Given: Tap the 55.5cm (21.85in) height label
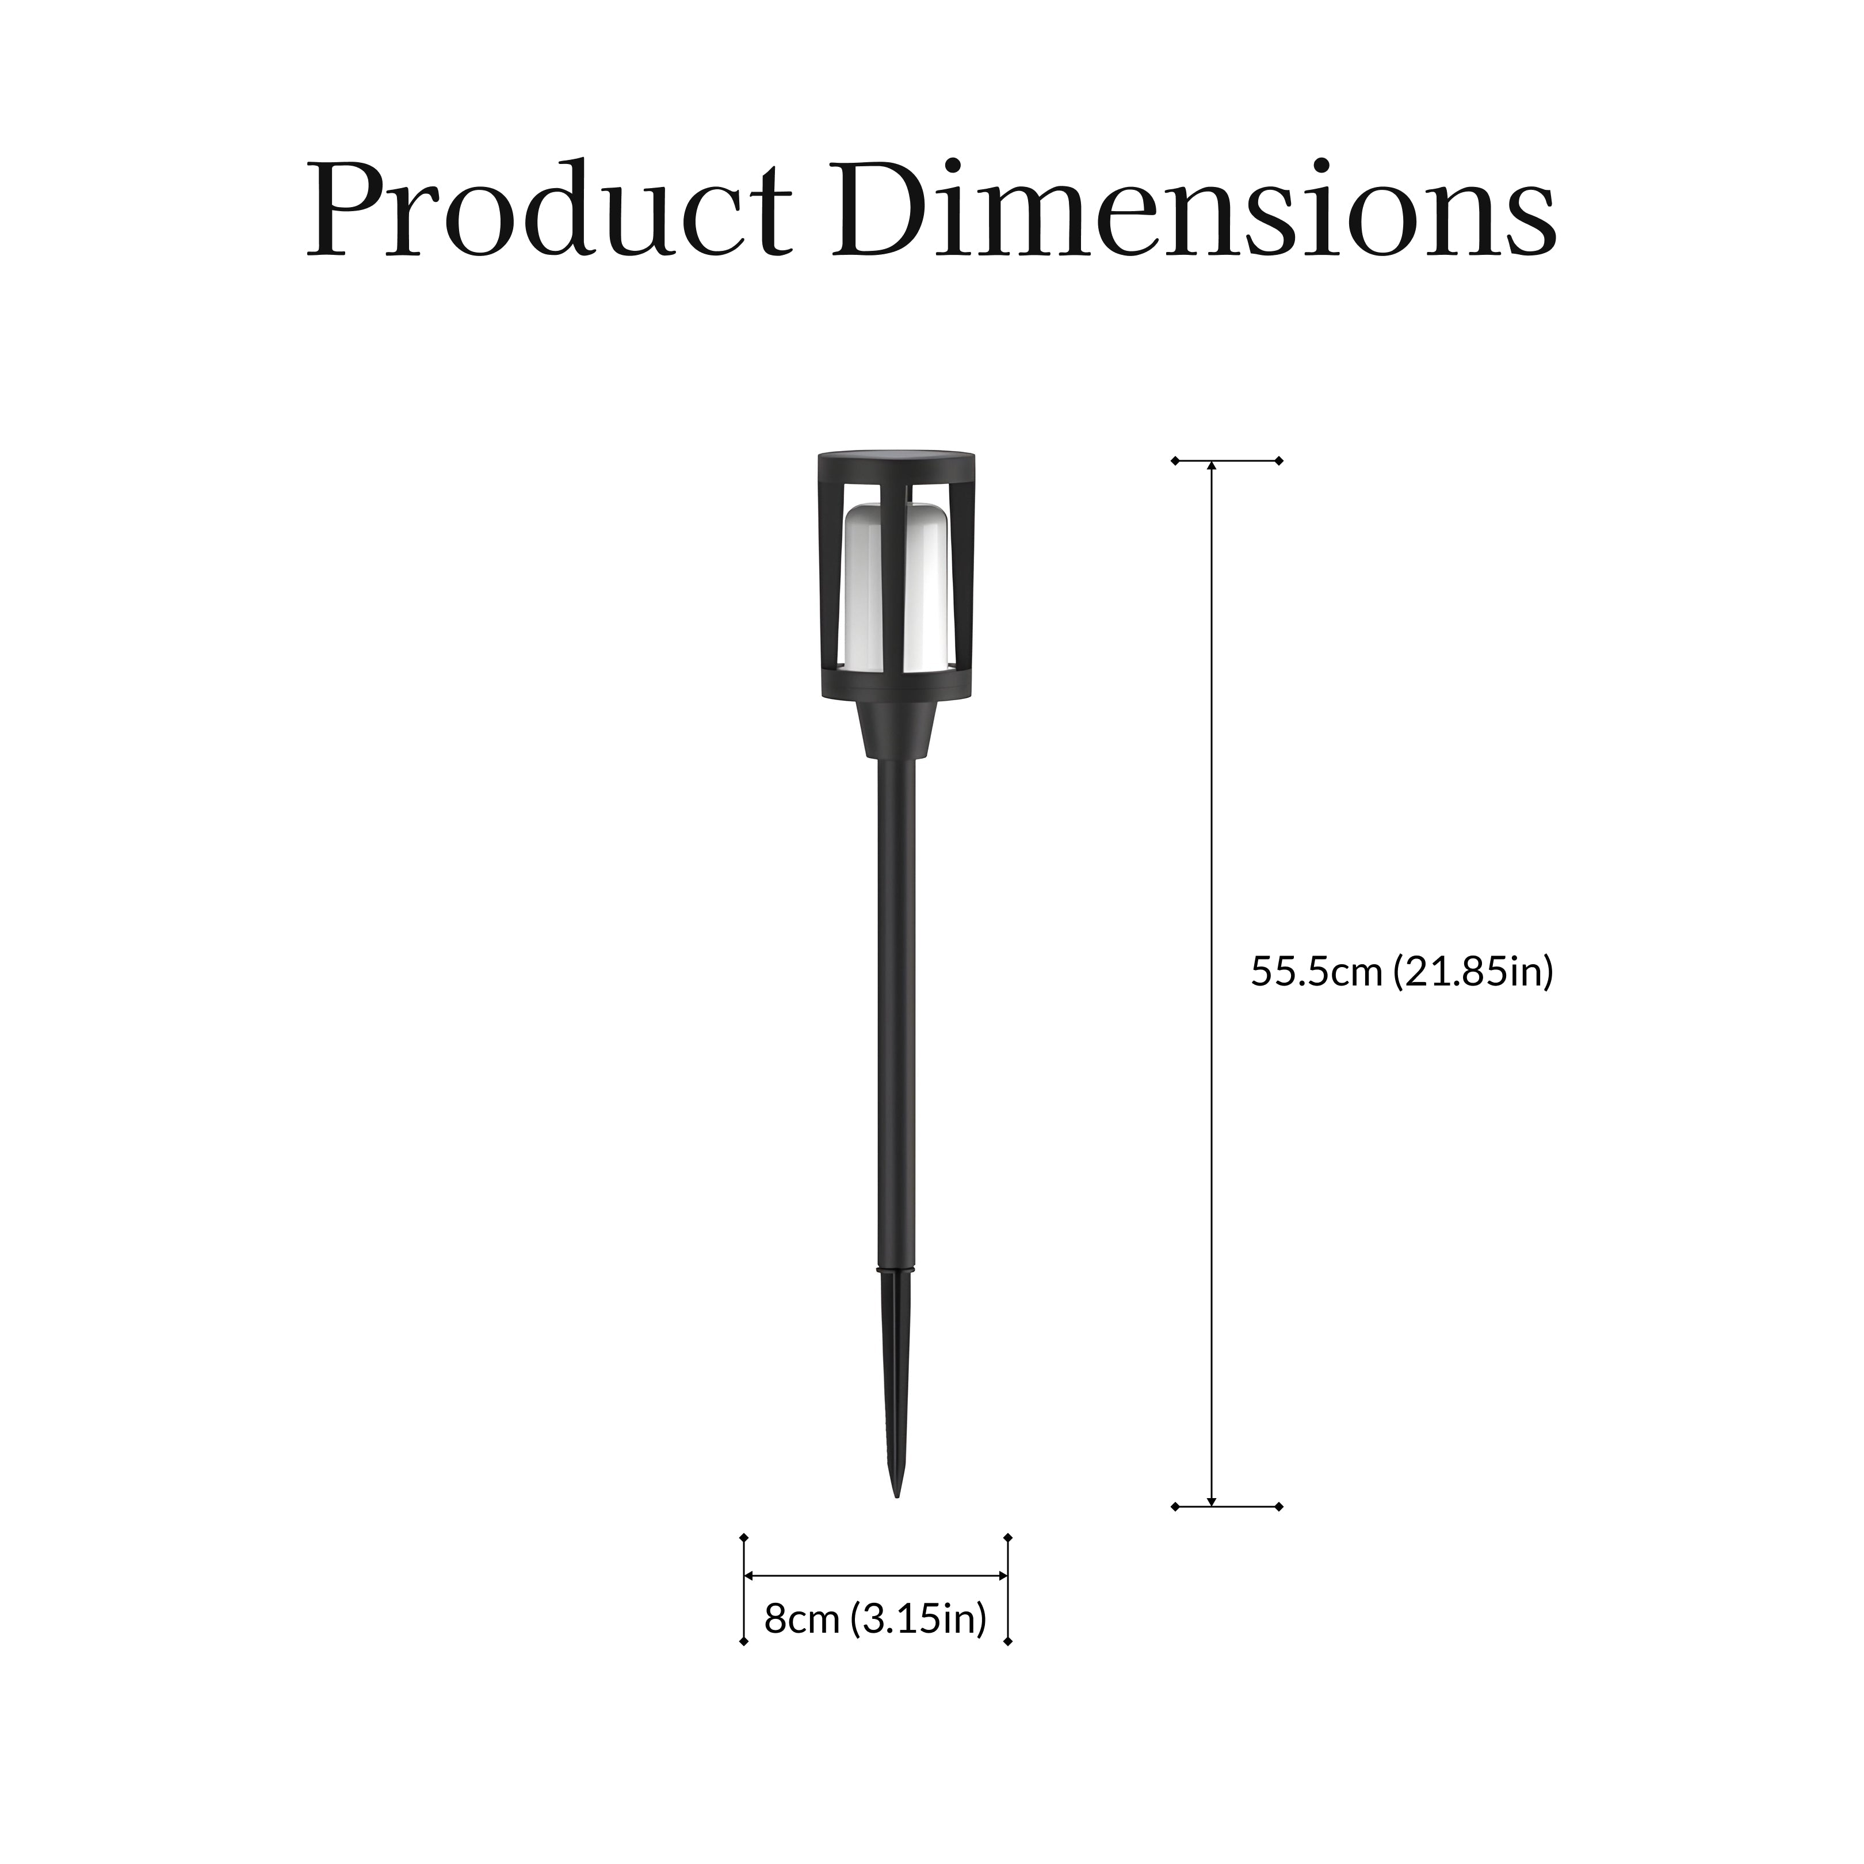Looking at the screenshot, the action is pos(1402,972).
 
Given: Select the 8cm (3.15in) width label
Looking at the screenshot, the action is pos(875,1619).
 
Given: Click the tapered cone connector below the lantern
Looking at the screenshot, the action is pos(896,729).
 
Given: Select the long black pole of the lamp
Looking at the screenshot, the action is pos(896,1013).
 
